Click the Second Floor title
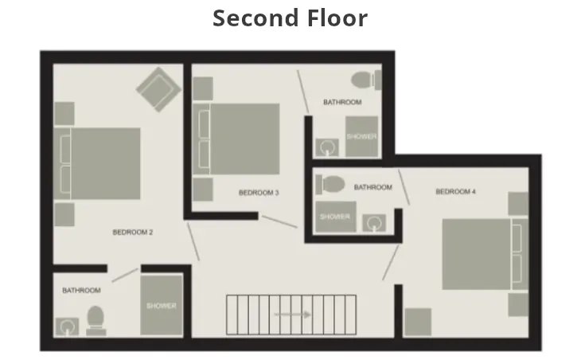[x=290, y=18]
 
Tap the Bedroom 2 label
[x=133, y=233]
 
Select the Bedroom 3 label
[x=259, y=193]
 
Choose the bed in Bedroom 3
[x=244, y=139]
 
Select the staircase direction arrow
[x=293, y=315]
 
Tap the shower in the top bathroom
[x=361, y=136]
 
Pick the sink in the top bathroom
[x=326, y=147]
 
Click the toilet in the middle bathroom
[x=329, y=185]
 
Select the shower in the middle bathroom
[x=333, y=216]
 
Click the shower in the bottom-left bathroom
[x=161, y=306]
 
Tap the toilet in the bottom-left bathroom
[x=96, y=319]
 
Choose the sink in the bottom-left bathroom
[x=65, y=326]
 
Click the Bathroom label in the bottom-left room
[x=82, y=291]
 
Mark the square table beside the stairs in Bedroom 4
[x=418, y=322]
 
